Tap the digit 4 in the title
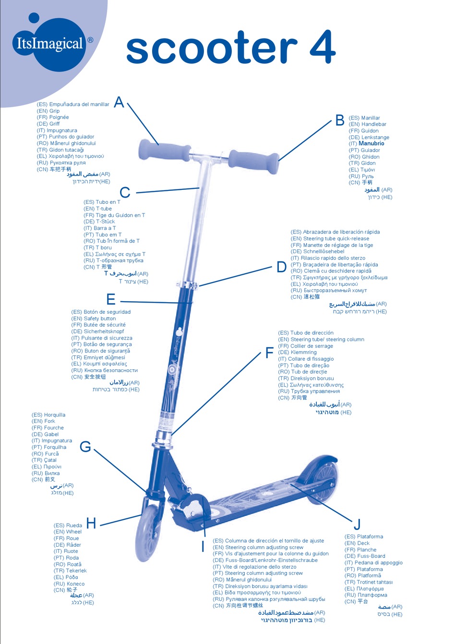click(x=322, y=47)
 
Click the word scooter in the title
click(x=212, y=49)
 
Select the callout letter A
click(x=119, y=102)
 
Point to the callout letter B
click(x=340, y=120)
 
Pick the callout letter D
click(x=282, y=267)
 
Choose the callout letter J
click(x=357, y=524)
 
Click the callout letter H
click(x=91, y=523)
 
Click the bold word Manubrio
click(x=372, y=143)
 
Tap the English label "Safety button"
click(x=99, y=318)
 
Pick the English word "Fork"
click(x=50, y=421)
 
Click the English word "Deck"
click(x=363, y=543)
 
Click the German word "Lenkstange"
click(x=375, y=137)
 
